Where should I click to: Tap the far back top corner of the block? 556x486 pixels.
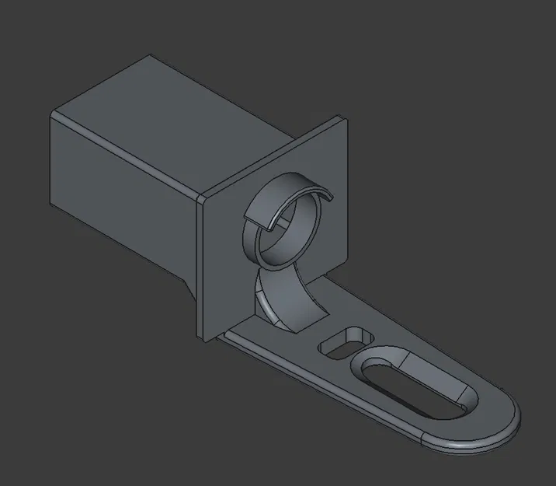[151, 56]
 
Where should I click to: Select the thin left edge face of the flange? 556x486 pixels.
[201, 264]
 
